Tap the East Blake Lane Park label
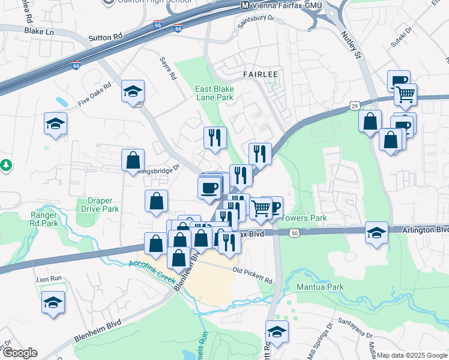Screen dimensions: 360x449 [214, 92]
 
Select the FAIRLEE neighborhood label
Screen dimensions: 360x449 [260, 74]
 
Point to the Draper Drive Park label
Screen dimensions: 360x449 [99, 205]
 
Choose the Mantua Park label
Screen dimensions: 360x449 [320, 287]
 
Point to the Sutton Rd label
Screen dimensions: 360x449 [109, 37]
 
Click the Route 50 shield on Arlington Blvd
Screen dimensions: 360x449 [294, 232]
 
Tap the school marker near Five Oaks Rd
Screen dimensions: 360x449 [133, 91]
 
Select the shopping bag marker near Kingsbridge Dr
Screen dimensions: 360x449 [133, 160]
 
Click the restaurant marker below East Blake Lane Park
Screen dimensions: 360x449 [214, 137]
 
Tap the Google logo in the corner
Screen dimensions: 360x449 [20, 353]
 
